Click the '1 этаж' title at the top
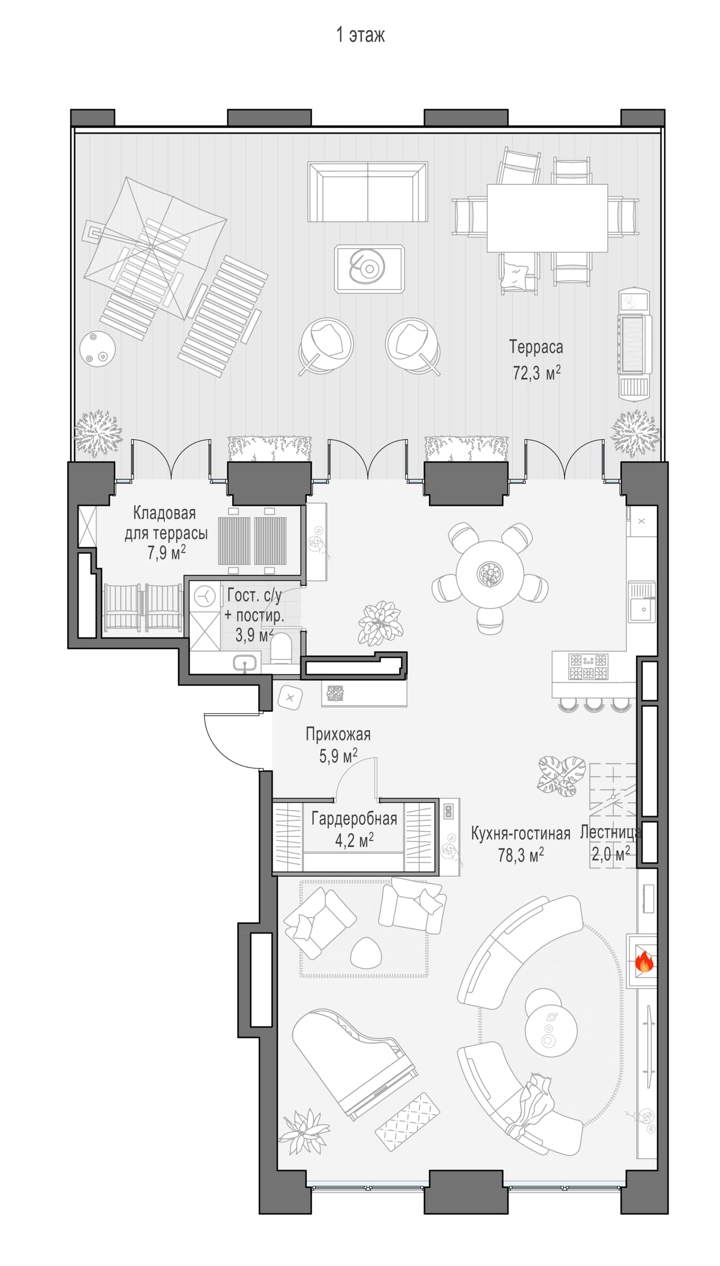[360, 35]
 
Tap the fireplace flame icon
[644, 961]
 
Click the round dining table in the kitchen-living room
[490, 574]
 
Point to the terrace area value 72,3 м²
[536, 373]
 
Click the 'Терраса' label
[536, 347]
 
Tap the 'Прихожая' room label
[338, 734]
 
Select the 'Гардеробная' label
[354, 819]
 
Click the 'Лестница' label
[610, 833]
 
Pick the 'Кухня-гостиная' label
[521, 834]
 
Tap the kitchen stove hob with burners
[587, 666]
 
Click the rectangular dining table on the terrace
[547, 218]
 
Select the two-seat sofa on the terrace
[368, 192]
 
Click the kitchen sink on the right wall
[642, 602]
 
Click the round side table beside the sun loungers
[98, 349]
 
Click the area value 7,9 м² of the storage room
[166, 552]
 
